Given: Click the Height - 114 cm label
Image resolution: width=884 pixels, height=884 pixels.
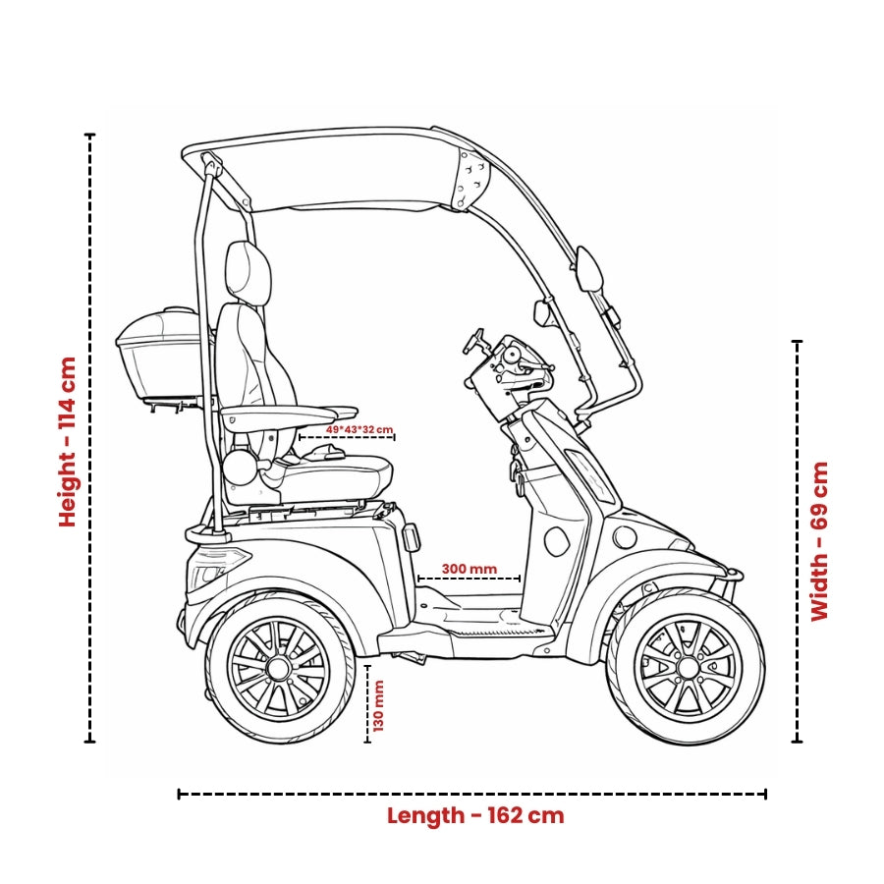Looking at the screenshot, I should click(x=67, y=441).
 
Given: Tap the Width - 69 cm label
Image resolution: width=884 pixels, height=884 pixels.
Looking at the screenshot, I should click(x=819, y=541).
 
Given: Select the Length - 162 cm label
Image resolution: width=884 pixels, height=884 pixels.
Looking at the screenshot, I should click(x=475, y=815).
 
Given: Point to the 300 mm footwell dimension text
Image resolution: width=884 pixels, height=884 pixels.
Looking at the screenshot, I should click(x=469, y=568).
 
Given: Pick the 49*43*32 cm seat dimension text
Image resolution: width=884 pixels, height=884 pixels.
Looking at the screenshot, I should click(x=359, y=429).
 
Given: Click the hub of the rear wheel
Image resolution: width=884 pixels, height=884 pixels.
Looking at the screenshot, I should click(x=278, y=669).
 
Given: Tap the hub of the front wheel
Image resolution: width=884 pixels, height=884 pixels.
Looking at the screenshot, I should click(x=687, y=668).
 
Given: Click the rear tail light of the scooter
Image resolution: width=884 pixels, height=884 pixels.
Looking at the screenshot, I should click(x=209, y=572).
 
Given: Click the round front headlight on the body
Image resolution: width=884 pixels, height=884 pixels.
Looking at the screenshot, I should click(x=625, y=536).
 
